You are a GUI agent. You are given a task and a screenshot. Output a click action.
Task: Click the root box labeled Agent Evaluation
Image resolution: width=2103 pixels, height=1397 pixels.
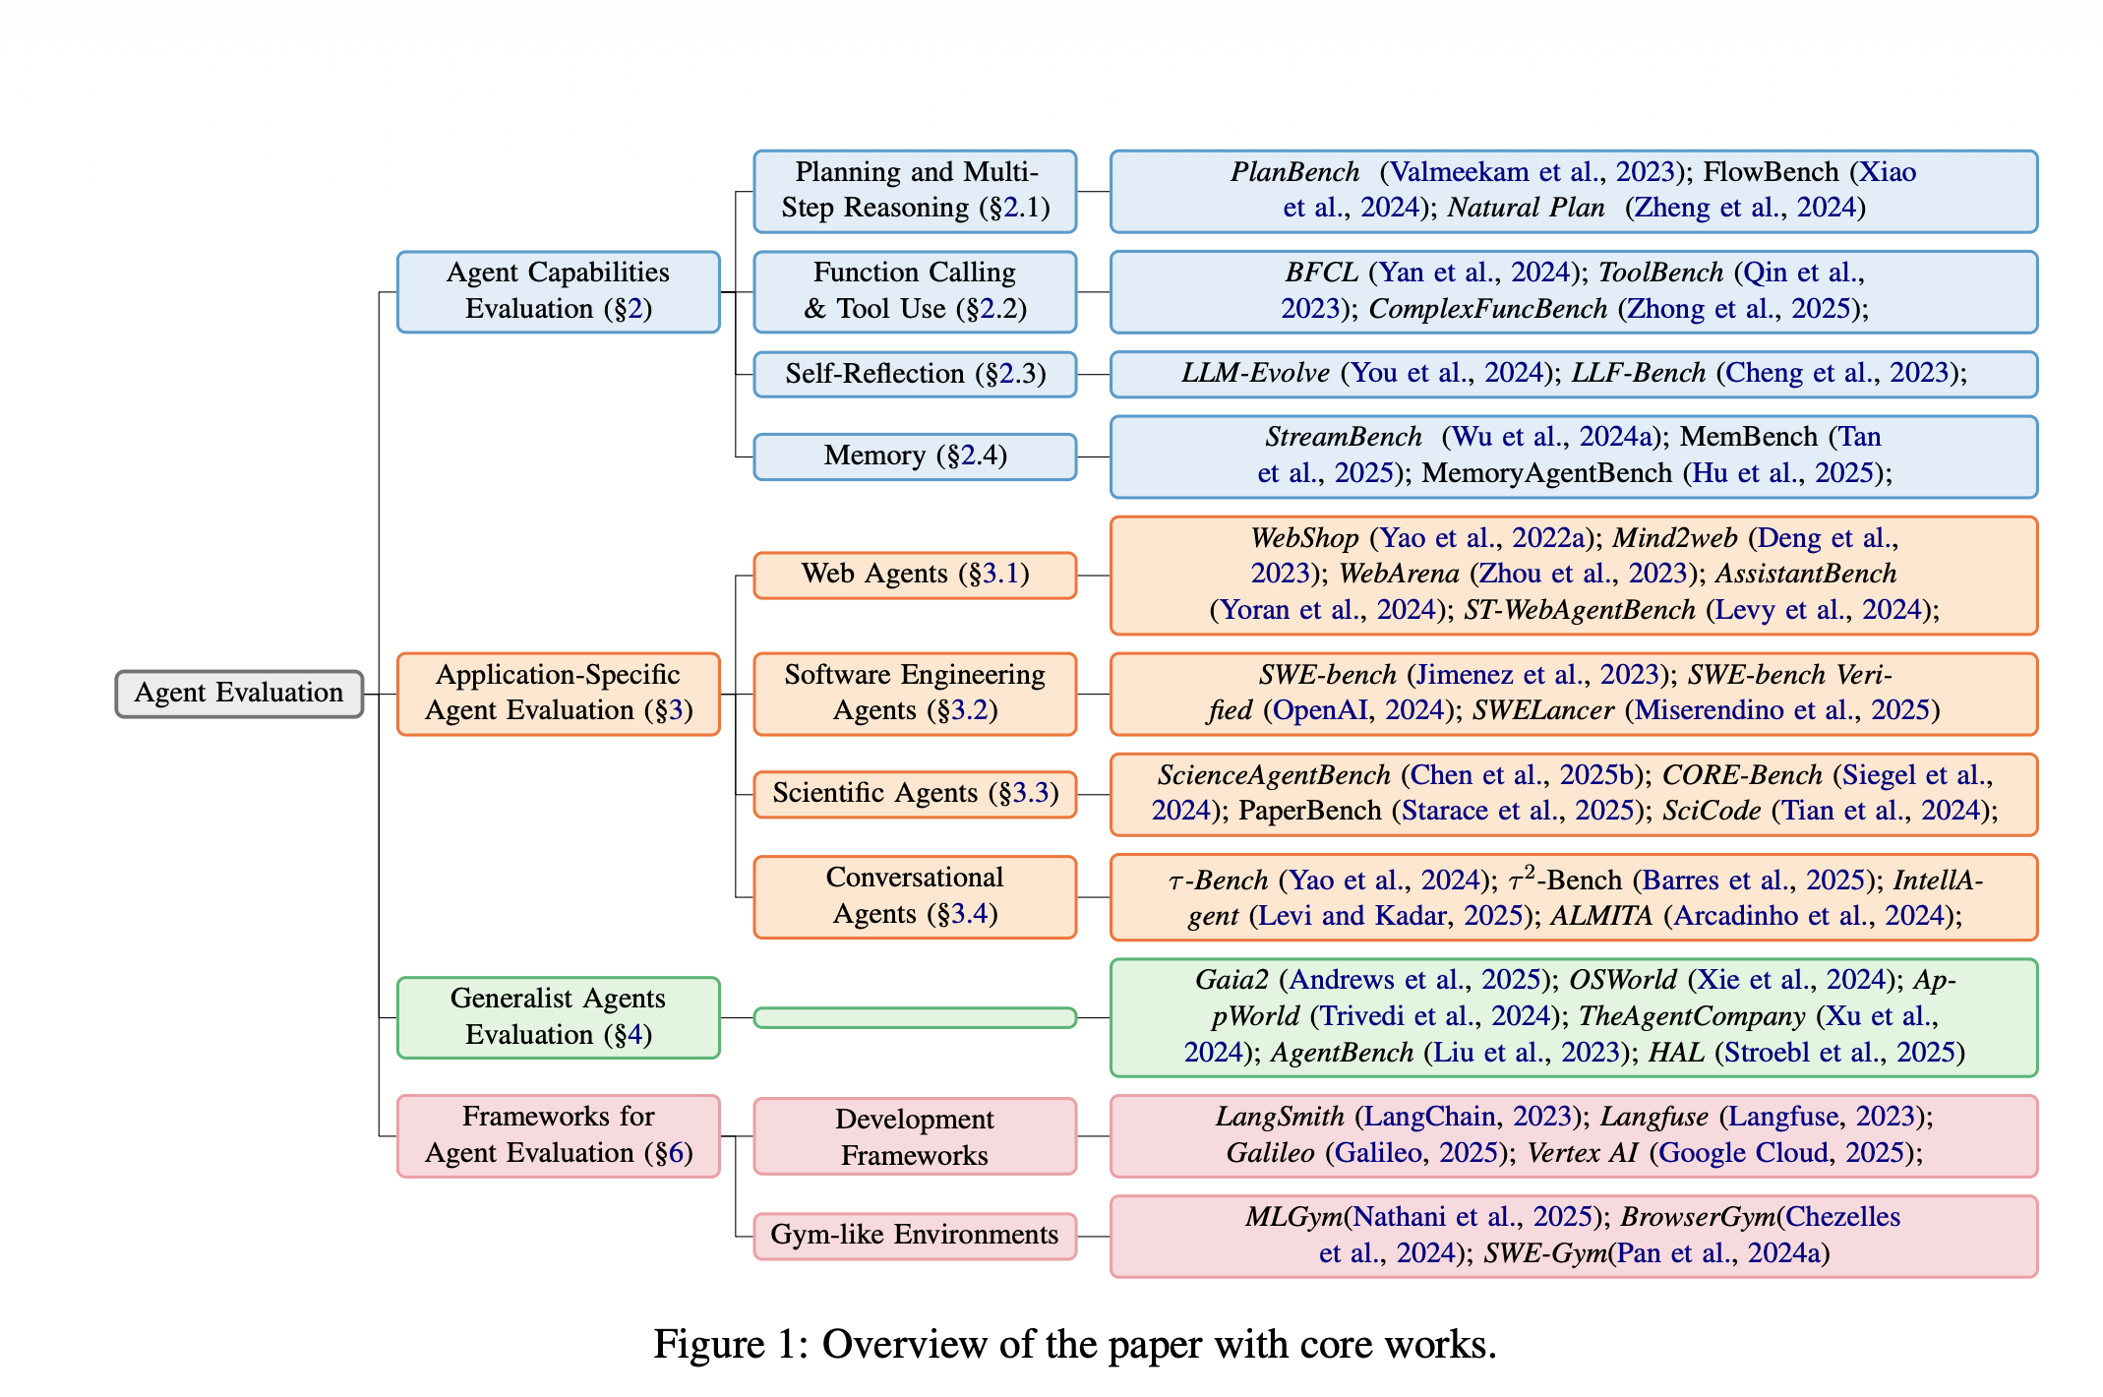[x=239, y=694]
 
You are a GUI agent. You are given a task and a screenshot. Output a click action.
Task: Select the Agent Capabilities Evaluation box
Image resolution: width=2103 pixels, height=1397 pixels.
[x=558, y=291]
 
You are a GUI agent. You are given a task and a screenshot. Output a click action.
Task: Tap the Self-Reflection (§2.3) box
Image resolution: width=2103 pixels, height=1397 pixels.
[x=915, y=374]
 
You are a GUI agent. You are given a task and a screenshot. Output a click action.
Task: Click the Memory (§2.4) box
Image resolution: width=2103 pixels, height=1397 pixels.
[x=915, y=456]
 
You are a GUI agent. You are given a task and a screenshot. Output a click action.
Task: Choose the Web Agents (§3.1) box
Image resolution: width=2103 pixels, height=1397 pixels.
[x=915, y=575]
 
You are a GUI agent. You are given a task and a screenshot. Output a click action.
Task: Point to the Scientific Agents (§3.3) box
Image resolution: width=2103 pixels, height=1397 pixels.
[x=915, y=794]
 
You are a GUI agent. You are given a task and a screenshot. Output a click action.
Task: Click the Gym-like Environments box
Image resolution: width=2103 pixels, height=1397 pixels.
[x=915, y=1236]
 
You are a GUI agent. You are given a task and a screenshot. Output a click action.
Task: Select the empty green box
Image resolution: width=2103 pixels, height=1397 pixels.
[x=915, y=1017]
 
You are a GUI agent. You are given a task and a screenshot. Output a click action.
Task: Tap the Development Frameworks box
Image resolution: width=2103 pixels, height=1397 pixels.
[x=915, y=1136]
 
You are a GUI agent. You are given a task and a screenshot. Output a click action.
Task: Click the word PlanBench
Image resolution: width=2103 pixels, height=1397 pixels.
[x=1294, y=172]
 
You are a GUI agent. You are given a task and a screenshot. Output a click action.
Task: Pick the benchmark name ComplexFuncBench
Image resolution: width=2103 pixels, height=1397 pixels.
[x=1488, y=309]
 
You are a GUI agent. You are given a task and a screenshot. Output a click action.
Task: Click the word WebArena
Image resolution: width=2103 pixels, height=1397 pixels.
[x=1399, y=574]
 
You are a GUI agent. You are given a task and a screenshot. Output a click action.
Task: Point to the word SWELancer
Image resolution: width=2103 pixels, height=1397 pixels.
[x=1543, y=710]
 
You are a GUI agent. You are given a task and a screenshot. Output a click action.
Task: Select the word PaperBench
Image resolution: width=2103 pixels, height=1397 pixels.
[x=1310, y=811]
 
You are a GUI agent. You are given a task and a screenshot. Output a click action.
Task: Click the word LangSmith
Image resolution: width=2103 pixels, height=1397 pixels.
[x=1280, y=1117]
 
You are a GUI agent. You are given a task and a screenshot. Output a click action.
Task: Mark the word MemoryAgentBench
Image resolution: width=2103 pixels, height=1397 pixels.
[x=1547, y=473]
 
